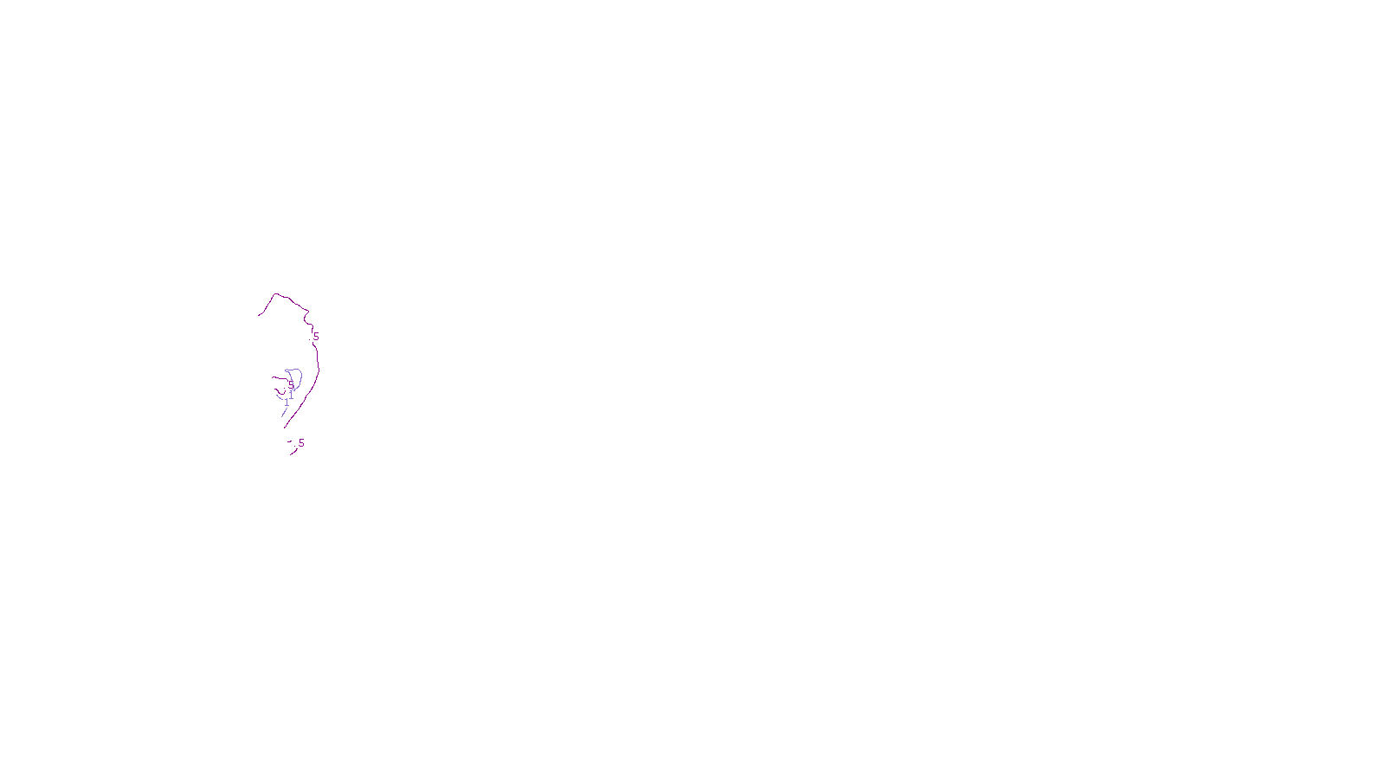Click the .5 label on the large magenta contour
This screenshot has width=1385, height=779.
point(316,337)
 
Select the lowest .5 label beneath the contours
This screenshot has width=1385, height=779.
point(300,443)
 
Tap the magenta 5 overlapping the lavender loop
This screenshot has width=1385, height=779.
point(291,384)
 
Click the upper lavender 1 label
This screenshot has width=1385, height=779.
point(291,396)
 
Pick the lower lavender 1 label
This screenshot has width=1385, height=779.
point(287,402)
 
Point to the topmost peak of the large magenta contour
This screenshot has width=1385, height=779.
point(276,294)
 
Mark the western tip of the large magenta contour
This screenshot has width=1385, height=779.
point(259,315)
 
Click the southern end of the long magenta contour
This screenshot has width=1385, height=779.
point(285,427)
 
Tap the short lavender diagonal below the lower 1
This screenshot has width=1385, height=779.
point(284,413)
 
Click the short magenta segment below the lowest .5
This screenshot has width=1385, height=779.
point(294,452)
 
